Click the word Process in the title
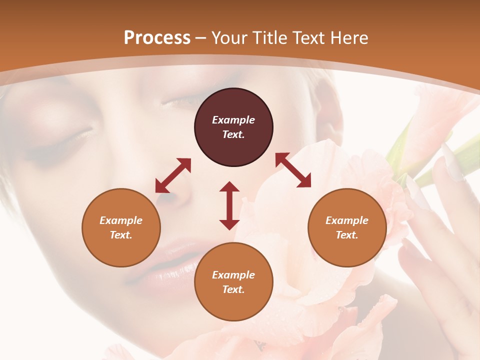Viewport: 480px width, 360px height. point(157,38)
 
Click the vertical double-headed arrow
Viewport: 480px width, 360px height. point(229,205)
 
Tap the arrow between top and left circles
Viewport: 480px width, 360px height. point(173,175)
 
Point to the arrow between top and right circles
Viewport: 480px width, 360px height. point(293,170)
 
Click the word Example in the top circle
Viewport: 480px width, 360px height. point(233,120)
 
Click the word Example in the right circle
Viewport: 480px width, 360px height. point(347,220)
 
